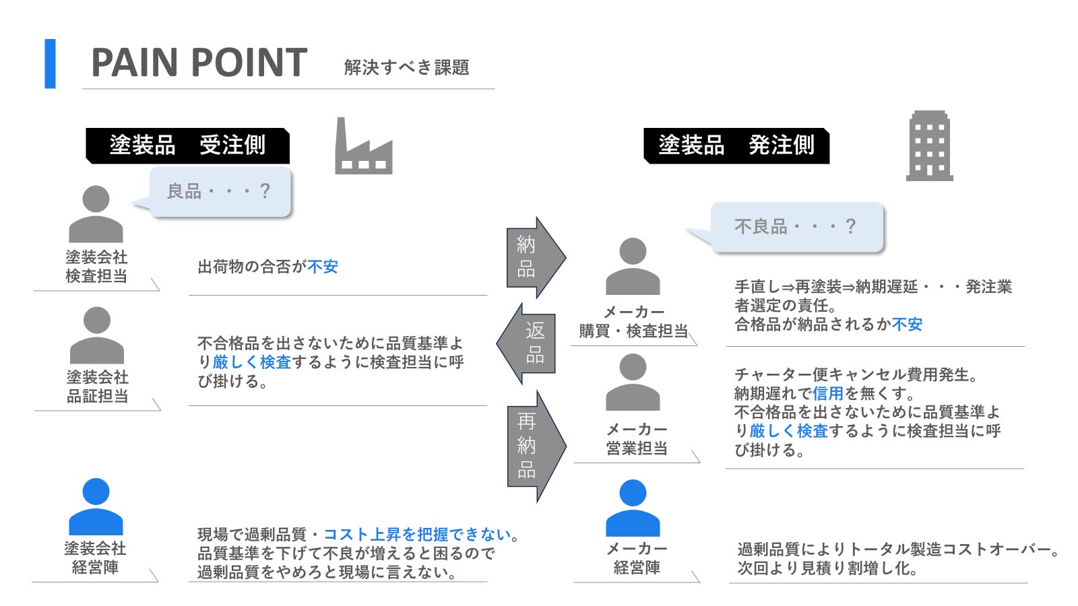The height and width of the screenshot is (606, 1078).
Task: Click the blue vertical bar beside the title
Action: [50, 63]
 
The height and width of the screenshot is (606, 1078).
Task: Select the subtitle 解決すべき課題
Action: [406, 67]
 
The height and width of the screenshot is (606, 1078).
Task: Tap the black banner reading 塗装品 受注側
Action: [187, 145]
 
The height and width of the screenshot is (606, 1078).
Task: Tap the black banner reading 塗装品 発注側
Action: [736, 145]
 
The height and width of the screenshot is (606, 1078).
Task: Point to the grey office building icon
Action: [929, 146]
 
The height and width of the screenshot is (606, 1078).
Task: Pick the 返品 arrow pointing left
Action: [527, 343]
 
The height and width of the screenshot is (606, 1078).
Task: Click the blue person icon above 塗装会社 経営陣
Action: [96, 506]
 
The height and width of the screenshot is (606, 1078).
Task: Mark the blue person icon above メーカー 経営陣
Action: [633, 508]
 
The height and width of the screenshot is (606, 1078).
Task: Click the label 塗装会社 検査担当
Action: [96, 267]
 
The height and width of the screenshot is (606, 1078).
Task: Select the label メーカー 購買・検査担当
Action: [633, 322]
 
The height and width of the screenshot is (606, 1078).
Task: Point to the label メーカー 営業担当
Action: [637, 439]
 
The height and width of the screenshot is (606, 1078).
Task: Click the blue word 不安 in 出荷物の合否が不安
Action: [323, 267]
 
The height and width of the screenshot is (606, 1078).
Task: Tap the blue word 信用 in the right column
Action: [828, 393]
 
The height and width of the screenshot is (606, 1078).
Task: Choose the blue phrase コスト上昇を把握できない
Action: [417, 535]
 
